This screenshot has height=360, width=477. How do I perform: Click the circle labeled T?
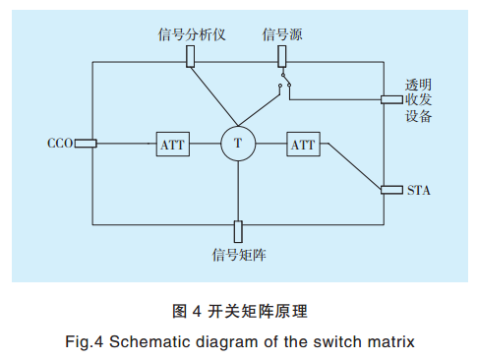237,144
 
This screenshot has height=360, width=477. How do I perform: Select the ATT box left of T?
171,144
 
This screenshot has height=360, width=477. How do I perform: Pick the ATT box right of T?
303,144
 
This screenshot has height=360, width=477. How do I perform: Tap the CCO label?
60,144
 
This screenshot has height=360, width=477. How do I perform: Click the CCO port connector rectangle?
86,144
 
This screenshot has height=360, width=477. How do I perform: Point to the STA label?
419,189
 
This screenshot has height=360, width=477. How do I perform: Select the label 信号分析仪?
193,34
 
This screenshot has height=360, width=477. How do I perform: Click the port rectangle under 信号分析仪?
191,57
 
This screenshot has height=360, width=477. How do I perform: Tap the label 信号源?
281,34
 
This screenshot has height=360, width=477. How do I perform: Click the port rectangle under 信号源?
279,57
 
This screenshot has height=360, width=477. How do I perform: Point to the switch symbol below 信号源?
283,82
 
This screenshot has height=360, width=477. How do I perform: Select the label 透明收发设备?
419,99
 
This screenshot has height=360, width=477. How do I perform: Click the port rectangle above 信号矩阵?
238,231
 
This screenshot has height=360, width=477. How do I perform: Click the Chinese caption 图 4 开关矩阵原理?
240,312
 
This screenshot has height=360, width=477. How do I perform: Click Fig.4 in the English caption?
84,343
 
